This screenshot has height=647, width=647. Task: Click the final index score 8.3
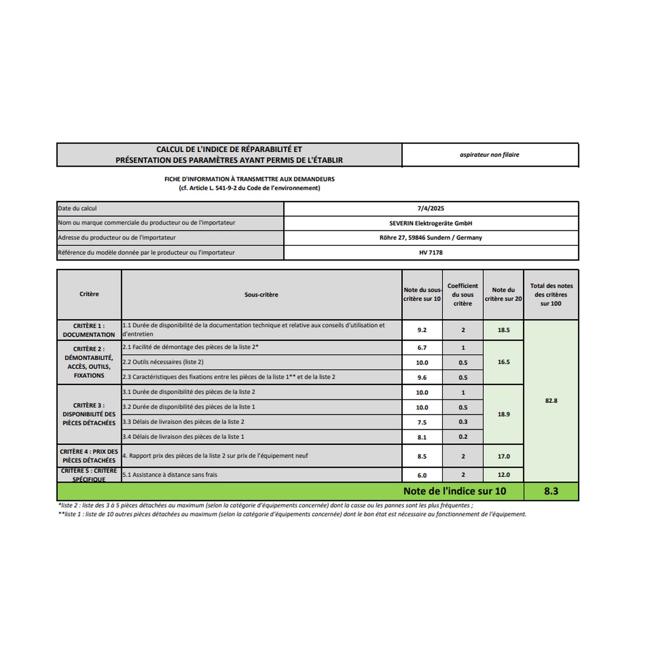coord(550,491)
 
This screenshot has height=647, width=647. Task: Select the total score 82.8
coord(551,401)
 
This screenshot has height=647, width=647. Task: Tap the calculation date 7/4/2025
coord(431,208)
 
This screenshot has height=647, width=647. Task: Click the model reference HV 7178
coord(431,252)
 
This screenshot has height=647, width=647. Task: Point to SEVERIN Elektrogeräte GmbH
coord(431,223)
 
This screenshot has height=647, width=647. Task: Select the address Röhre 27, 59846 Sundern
coord(431,237)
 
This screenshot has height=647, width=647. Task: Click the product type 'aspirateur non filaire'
coord(490,155)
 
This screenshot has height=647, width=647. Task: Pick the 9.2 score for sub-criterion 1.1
coord(422,330)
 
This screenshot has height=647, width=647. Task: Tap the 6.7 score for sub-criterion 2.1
coord(422,348)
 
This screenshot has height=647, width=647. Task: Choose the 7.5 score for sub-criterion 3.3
coord(422,422)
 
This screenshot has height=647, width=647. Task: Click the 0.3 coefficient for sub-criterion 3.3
coord(463,422)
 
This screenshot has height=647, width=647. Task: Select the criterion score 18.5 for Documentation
coord(504,330)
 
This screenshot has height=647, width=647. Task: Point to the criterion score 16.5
coord(504,362)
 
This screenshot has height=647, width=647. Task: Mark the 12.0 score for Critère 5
coord(504,475)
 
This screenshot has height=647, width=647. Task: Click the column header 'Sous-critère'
coord(261,294)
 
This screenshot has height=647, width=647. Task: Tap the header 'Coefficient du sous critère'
coord(463,294)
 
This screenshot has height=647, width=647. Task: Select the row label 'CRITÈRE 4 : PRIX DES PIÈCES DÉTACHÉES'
coord(89,456)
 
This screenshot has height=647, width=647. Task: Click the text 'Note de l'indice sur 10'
coord(455,491)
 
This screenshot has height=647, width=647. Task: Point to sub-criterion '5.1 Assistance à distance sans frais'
coord(170,474)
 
